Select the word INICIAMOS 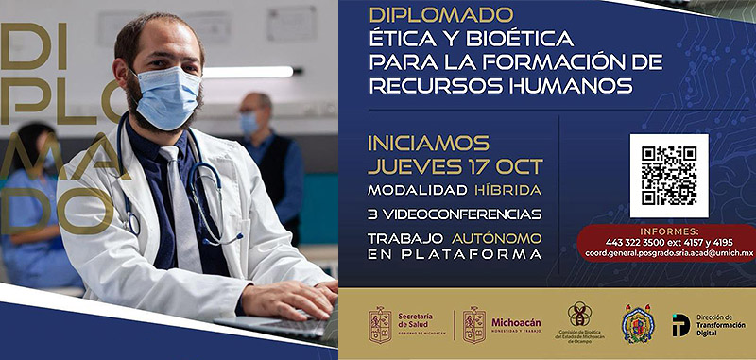(429, 145)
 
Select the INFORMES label (668, 231)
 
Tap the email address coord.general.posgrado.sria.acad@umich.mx (667, 253)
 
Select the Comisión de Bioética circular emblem (579, 314)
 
